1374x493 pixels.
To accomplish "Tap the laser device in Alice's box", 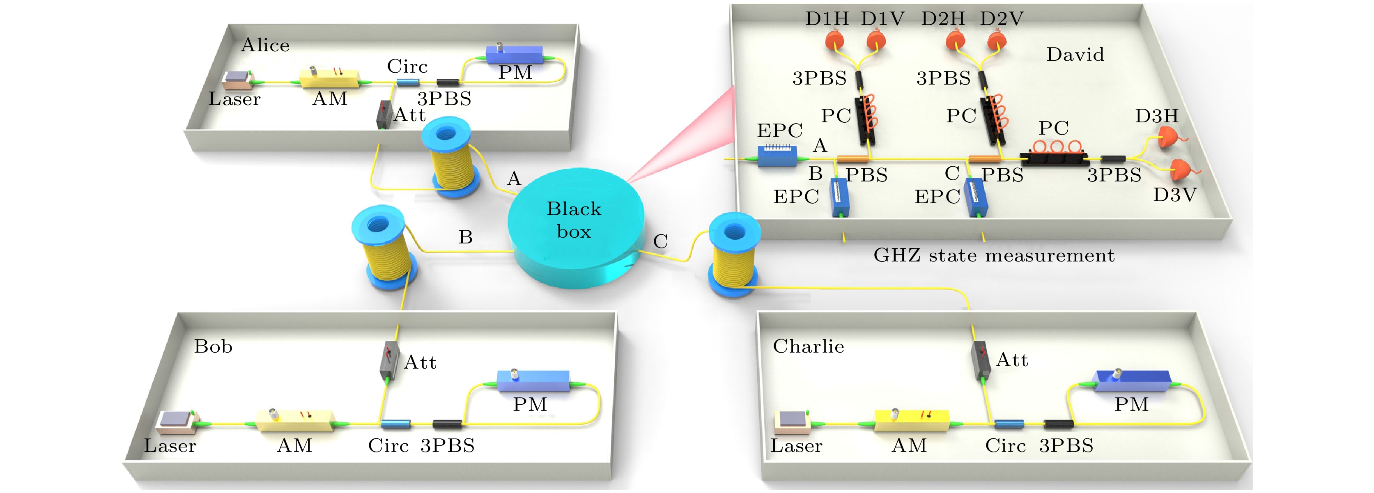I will (237, 80).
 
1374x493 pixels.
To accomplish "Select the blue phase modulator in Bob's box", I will (533, 381).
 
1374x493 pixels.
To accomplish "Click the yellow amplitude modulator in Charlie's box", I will (911, 420).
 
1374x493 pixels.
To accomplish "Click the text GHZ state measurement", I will (994, 256).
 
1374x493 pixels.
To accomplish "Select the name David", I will (1075, 54).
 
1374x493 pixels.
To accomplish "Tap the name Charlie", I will (808, 346).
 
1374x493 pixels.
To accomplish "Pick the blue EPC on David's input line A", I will (778, 155).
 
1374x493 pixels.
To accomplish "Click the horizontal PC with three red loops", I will (1053, 155).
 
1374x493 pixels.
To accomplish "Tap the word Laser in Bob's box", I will (170, 445).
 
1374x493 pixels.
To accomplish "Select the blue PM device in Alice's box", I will (515, 54).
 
